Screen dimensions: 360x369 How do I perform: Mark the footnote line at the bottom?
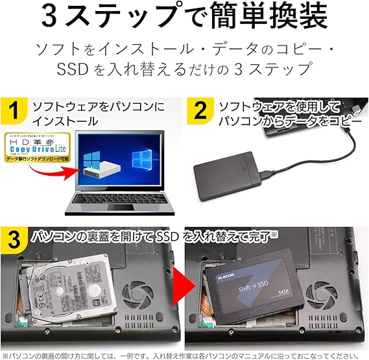(x=184, y=355)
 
